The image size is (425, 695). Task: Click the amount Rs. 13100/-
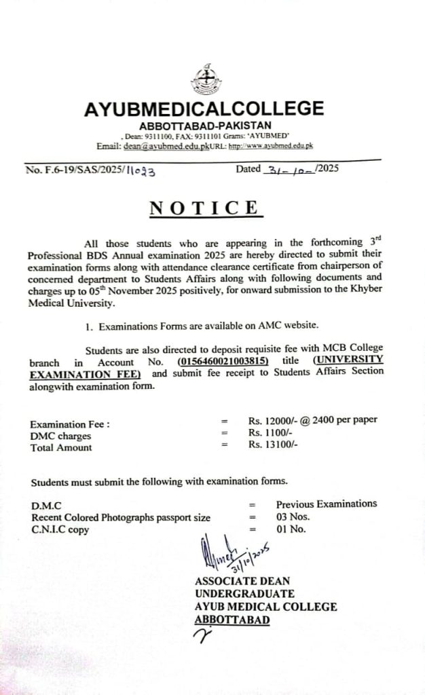[x=273, y=445]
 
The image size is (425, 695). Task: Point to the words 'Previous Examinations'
[x=326, y=504]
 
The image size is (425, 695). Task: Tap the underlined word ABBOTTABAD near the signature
[x=232, y=620]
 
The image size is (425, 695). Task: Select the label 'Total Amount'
[x=62, y=447]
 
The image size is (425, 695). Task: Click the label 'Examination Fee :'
[x=71, y=424]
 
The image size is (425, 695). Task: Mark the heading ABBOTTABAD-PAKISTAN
[x=205, y=126]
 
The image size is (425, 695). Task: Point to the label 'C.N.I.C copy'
[x=60, y=530]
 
